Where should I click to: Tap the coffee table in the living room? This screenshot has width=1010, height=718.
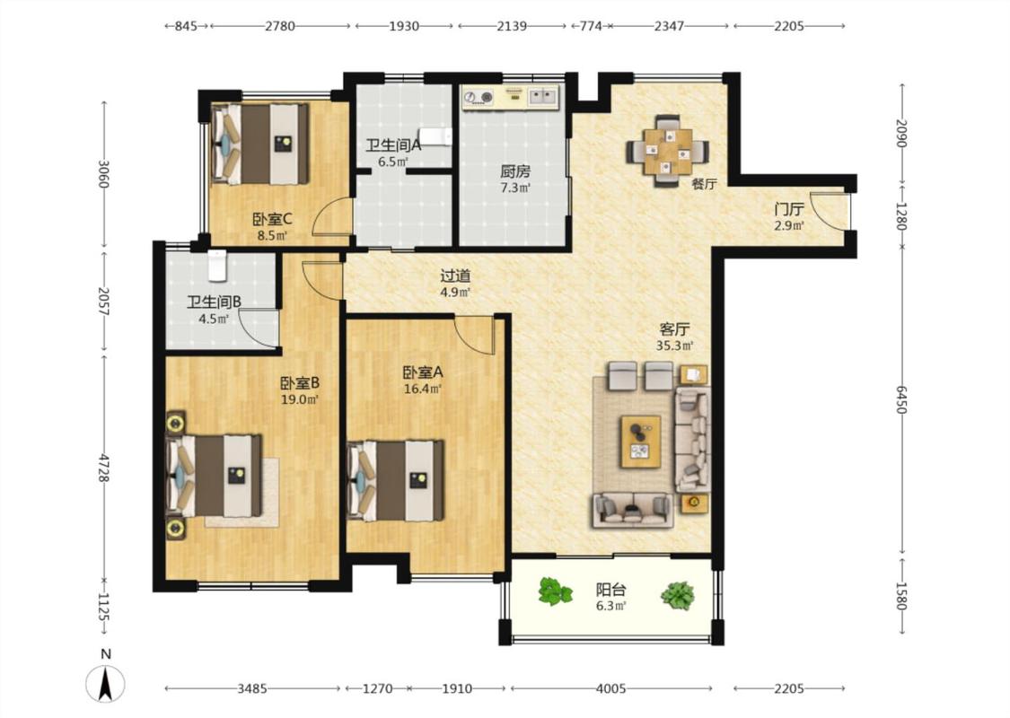(640, 441)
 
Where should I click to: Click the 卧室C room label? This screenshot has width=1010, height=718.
(273, 219)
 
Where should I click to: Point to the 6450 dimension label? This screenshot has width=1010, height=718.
(901, 400)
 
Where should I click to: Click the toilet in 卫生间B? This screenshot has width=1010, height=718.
(218, 265)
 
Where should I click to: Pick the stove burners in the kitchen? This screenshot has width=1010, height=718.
(478, 97)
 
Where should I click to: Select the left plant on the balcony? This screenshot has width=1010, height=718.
(555, 591)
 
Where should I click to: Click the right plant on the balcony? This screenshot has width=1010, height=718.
(678, 596)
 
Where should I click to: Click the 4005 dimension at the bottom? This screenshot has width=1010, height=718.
(610, 689)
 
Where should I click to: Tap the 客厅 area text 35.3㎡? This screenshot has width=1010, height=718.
(674, 346)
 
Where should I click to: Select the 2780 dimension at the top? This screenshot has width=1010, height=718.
(280, 26)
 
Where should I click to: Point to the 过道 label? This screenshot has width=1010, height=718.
(455, 276)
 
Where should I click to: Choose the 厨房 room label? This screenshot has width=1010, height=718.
(515, 171)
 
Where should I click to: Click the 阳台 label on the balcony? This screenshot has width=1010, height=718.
(610, 590)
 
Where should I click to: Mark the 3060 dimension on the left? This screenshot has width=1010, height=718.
(102, 173)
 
